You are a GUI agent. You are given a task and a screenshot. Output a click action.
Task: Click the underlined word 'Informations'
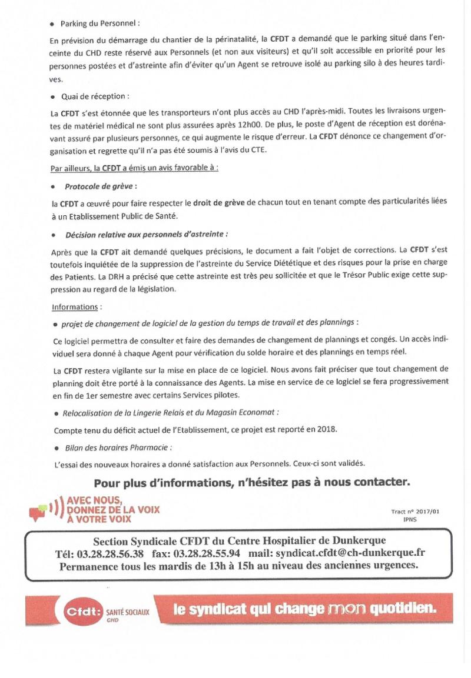(74, 306)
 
